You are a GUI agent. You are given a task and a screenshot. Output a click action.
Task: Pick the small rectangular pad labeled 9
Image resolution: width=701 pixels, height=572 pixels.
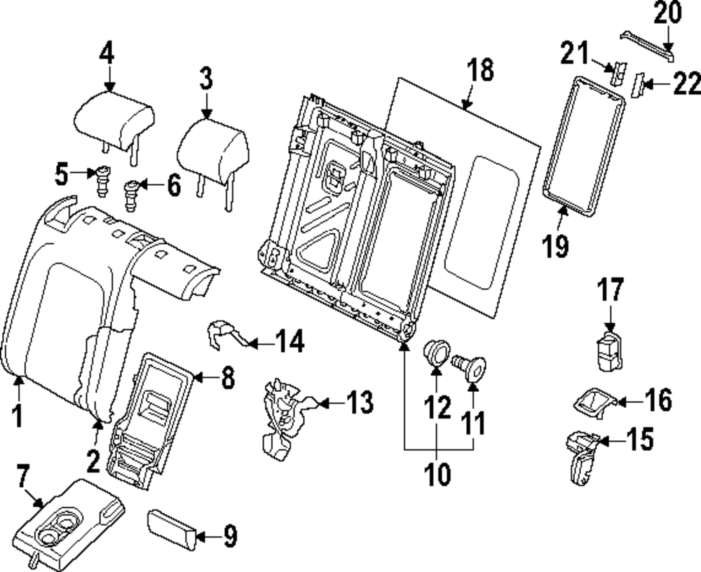[x=170, y=531]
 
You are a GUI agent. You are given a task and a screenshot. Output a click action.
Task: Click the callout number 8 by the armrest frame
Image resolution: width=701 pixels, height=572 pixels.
[x=227, y=379]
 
